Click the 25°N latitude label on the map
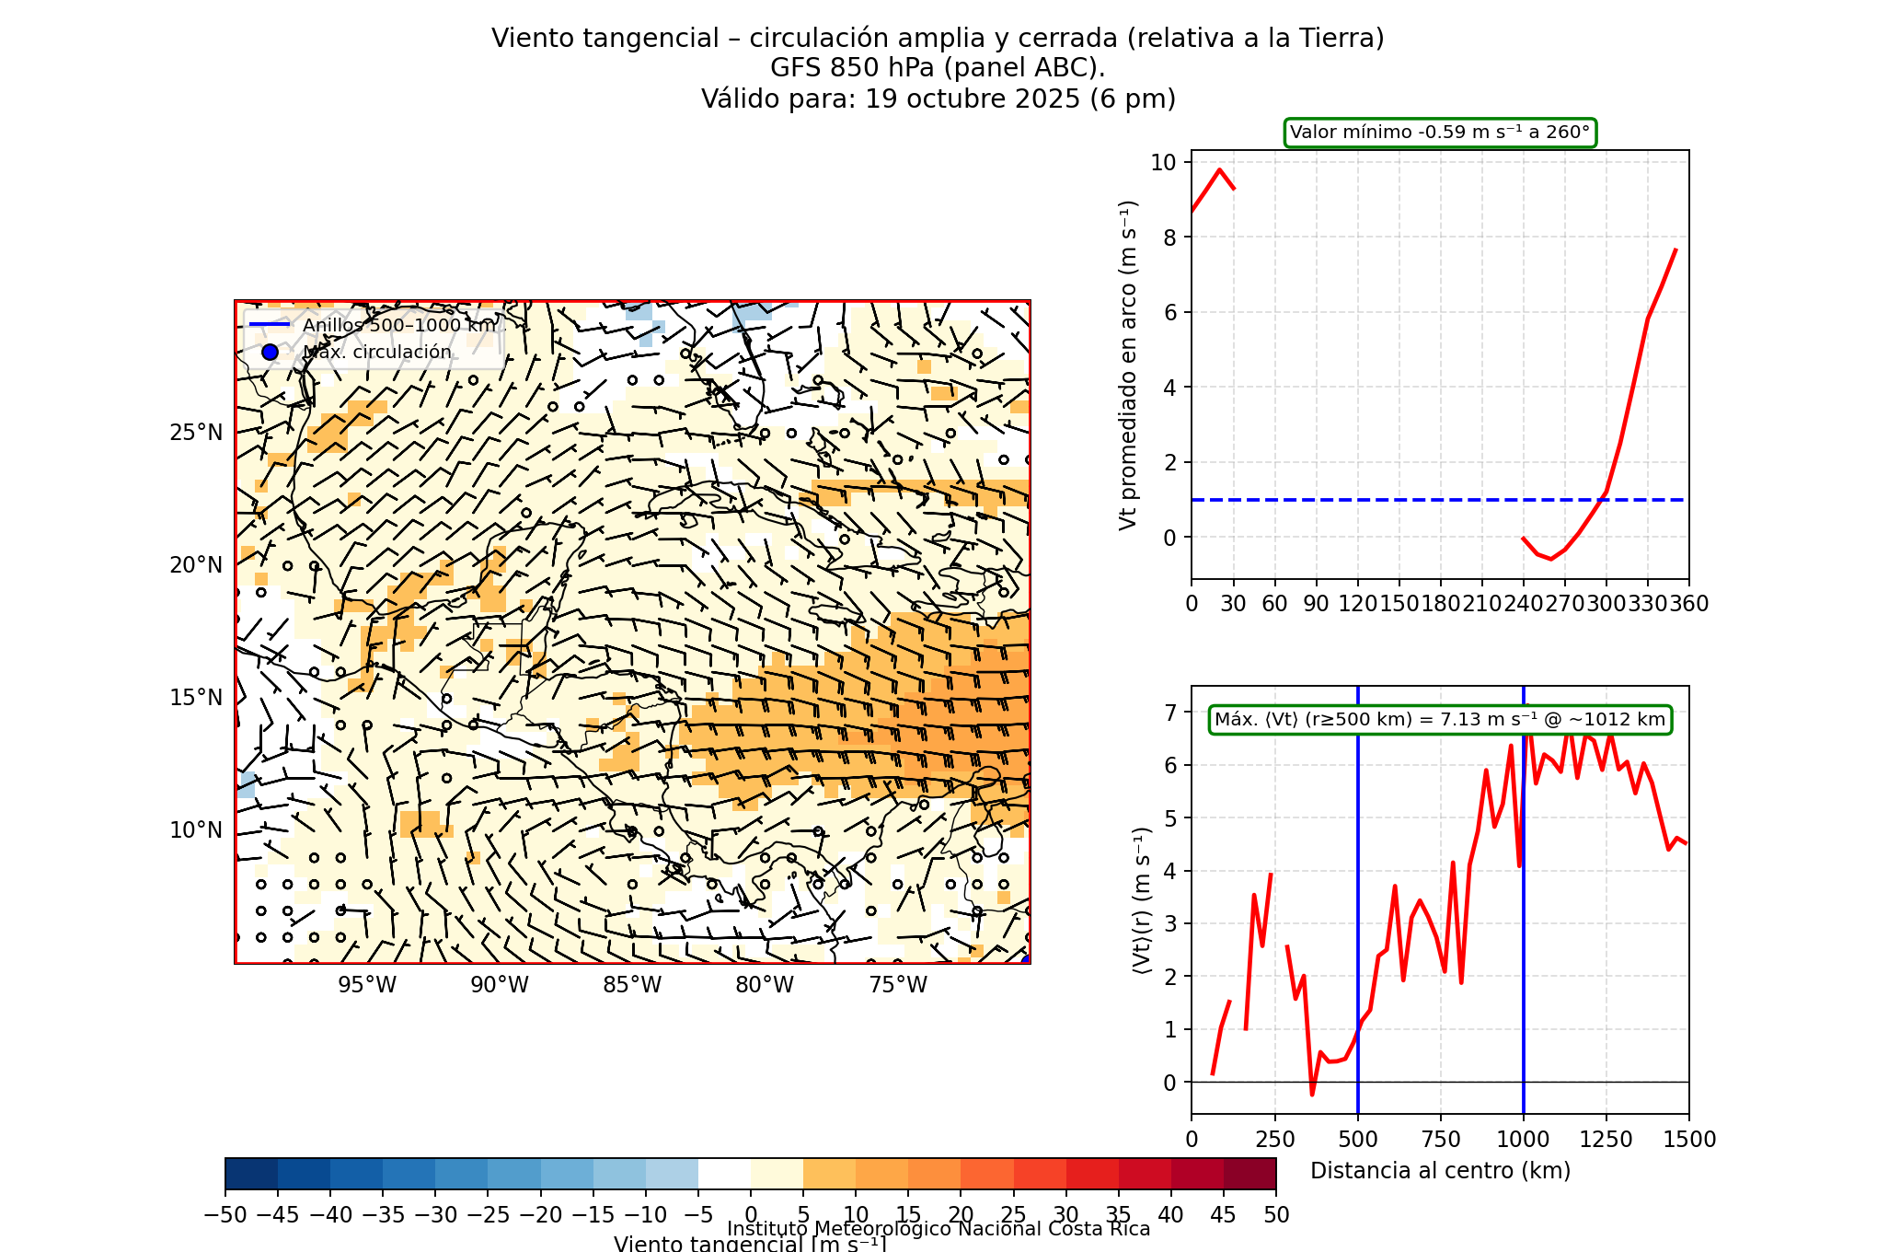point(196,433)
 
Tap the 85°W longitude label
point(632,985)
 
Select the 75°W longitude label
point(898,985)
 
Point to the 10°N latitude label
point(196,830)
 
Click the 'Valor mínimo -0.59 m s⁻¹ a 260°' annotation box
point(1440,133)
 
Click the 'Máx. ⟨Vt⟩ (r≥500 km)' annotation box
point(1440,720)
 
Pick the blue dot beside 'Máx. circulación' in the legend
point(270,352)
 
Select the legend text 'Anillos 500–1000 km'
point(399,325)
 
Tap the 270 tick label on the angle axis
point(1564,604)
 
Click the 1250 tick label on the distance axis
point(1606,1140)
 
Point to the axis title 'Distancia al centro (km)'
point(1440,1171)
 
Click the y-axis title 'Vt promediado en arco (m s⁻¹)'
point(1128,365)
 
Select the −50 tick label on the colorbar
point(225,1215)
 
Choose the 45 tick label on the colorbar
point(1223,1215)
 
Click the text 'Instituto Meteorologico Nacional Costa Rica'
point(938,1229)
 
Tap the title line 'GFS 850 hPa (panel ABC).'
point(938,68)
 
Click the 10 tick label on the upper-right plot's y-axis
point(1163,163)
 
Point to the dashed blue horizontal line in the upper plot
point(1380,500)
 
